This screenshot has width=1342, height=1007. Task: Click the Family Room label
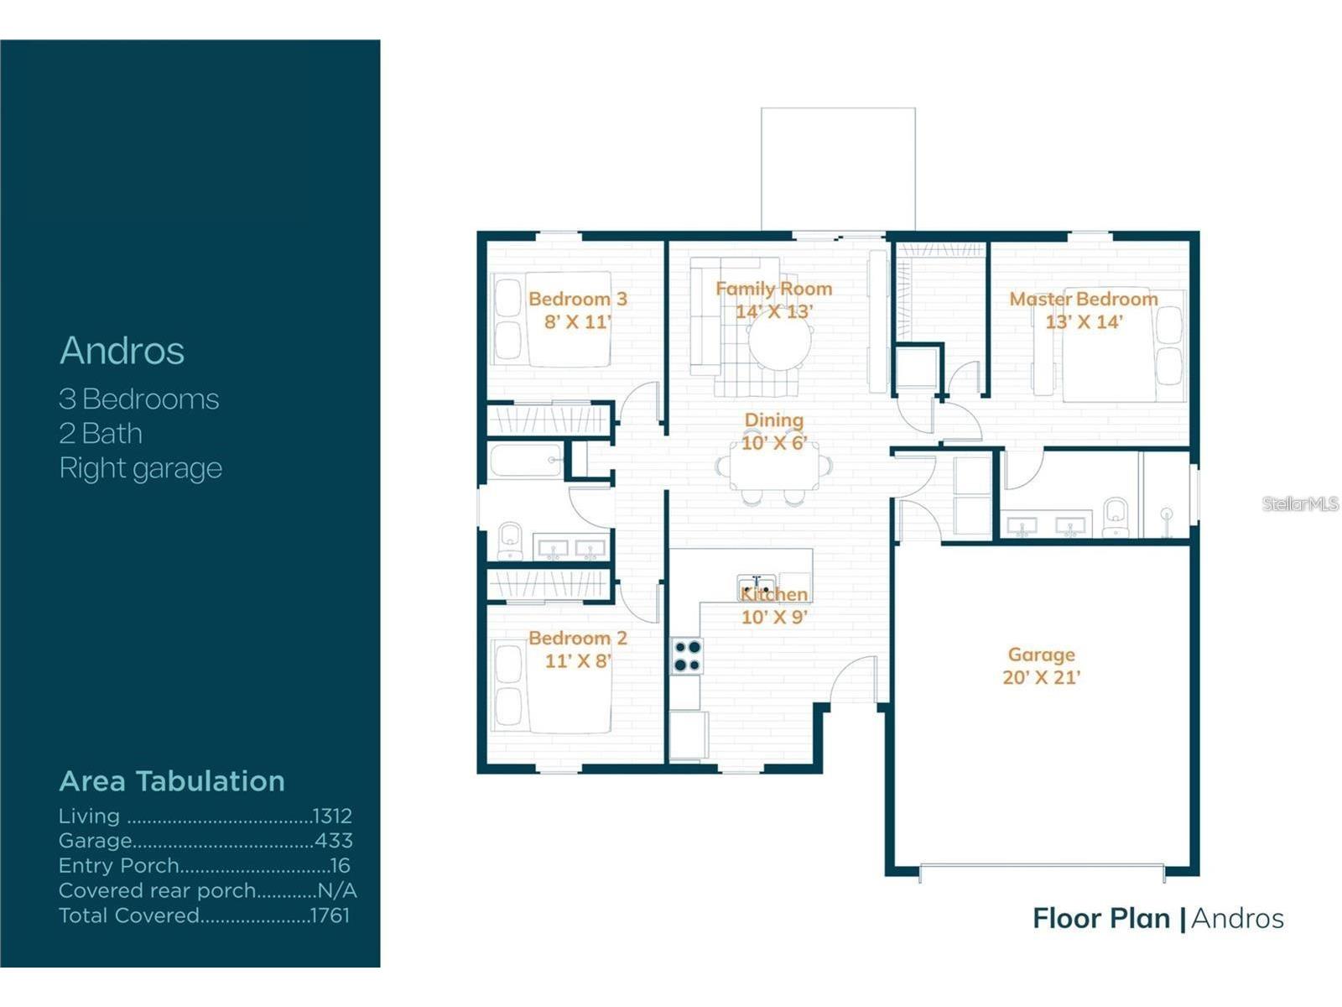click(773, 289)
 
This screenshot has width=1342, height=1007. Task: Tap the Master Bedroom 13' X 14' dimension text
click(1083, 321)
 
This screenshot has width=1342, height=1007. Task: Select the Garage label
click(1041, 655)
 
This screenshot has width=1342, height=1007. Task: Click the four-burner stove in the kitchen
click(687, 656)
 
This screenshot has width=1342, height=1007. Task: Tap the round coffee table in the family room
click(780, 342)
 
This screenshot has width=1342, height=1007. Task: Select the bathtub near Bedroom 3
click(526, 461)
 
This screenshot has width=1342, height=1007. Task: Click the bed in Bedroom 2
click(554, 686)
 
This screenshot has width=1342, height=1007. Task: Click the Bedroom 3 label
click(577, 299)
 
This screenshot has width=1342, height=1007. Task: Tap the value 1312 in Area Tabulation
click(332, 816)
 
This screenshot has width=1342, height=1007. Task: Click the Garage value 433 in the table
click(334, 841)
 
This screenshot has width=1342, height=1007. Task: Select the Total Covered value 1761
click(330, 916)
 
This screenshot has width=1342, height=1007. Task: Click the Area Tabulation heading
click(172, 781)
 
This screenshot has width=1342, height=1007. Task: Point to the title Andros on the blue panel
click(122, 351)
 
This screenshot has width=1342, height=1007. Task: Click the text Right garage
click(140, 468)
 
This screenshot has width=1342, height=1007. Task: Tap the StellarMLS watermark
click(1300, 503)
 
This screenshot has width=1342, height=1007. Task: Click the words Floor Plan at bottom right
click(1100, 919)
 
